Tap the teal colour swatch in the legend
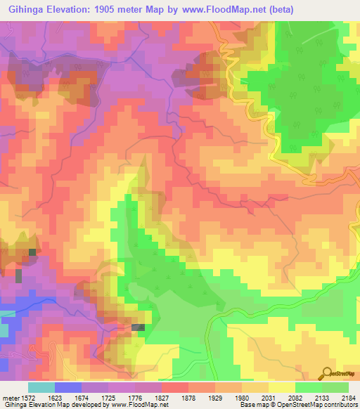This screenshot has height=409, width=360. coord(41,387)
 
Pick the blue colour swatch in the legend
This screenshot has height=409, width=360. coord(68,387)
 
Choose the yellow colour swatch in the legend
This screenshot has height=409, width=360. coord(281,387)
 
